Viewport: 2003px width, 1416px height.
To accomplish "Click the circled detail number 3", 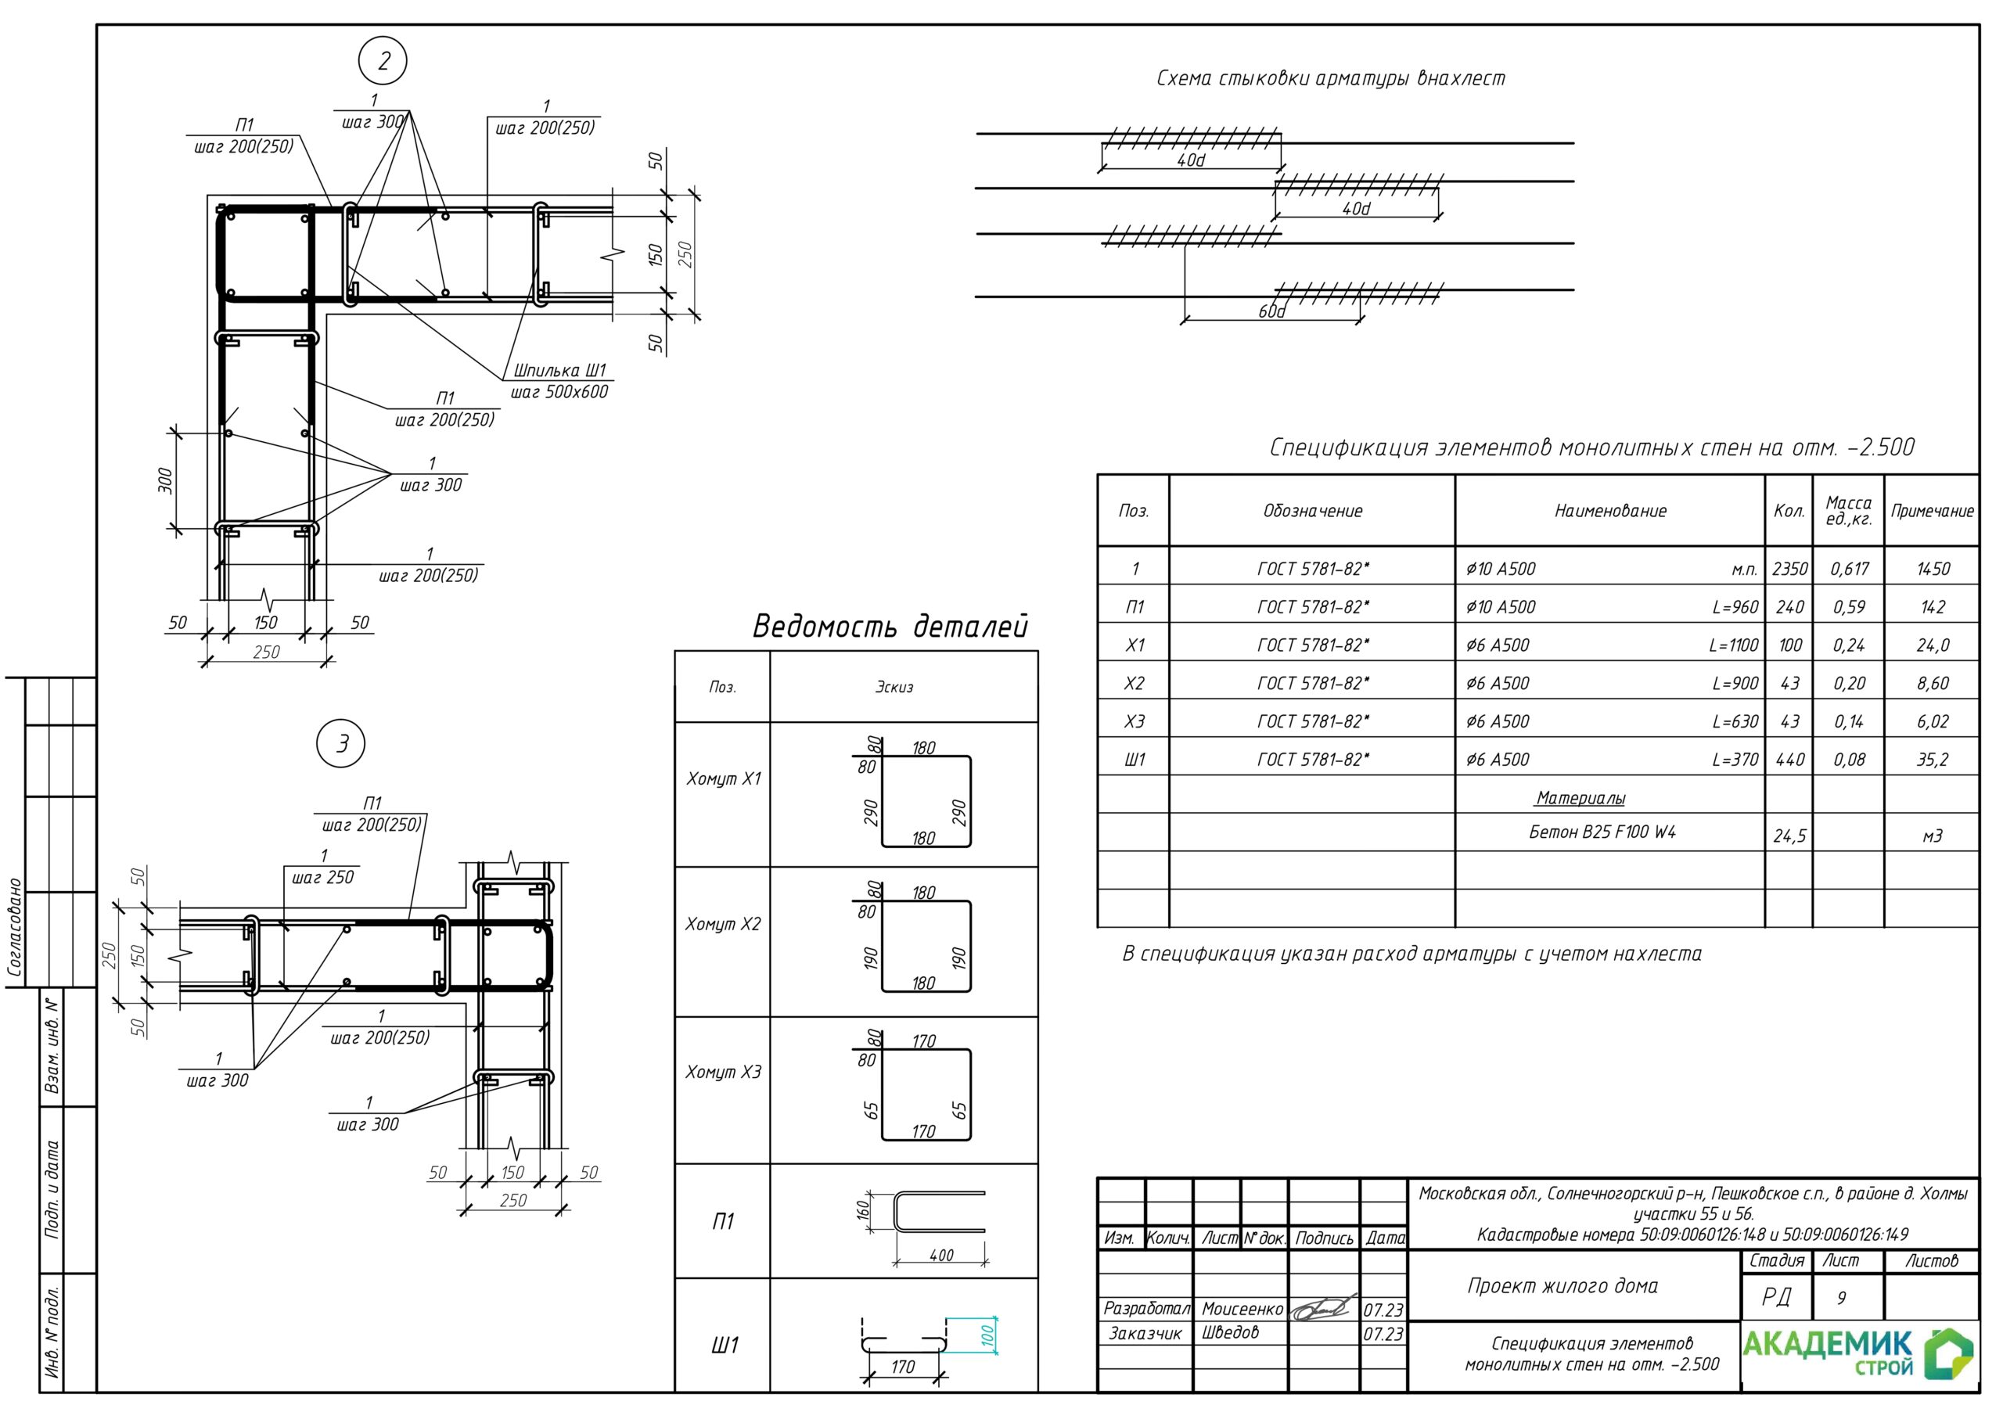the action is tap(341, 743).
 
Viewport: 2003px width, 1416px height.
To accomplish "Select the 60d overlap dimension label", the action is tap(1271, 311).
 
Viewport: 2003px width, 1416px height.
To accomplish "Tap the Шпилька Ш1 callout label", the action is tap(559, 370).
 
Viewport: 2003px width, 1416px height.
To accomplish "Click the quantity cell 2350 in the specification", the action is tap(1789, 569).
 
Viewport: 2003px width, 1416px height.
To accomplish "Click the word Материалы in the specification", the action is tap(1580, 797).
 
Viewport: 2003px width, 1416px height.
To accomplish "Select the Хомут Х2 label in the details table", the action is tap(723, 924).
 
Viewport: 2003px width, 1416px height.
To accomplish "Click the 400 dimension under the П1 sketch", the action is tap(941, 1256).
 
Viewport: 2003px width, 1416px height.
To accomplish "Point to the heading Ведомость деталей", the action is tap(890, 626).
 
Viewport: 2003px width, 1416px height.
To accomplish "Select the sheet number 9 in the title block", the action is tap(1841, 1298).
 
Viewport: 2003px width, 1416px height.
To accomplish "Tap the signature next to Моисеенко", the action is tap(1325, 1308).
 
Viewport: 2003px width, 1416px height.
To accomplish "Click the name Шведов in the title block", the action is tap(1230, 1332).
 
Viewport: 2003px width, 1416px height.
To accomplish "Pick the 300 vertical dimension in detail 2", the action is tap(165, 480).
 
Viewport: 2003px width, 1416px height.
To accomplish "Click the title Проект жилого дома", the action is tap(1562, 1285).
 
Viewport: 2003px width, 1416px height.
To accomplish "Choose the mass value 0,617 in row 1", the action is tap(1850, 569).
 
